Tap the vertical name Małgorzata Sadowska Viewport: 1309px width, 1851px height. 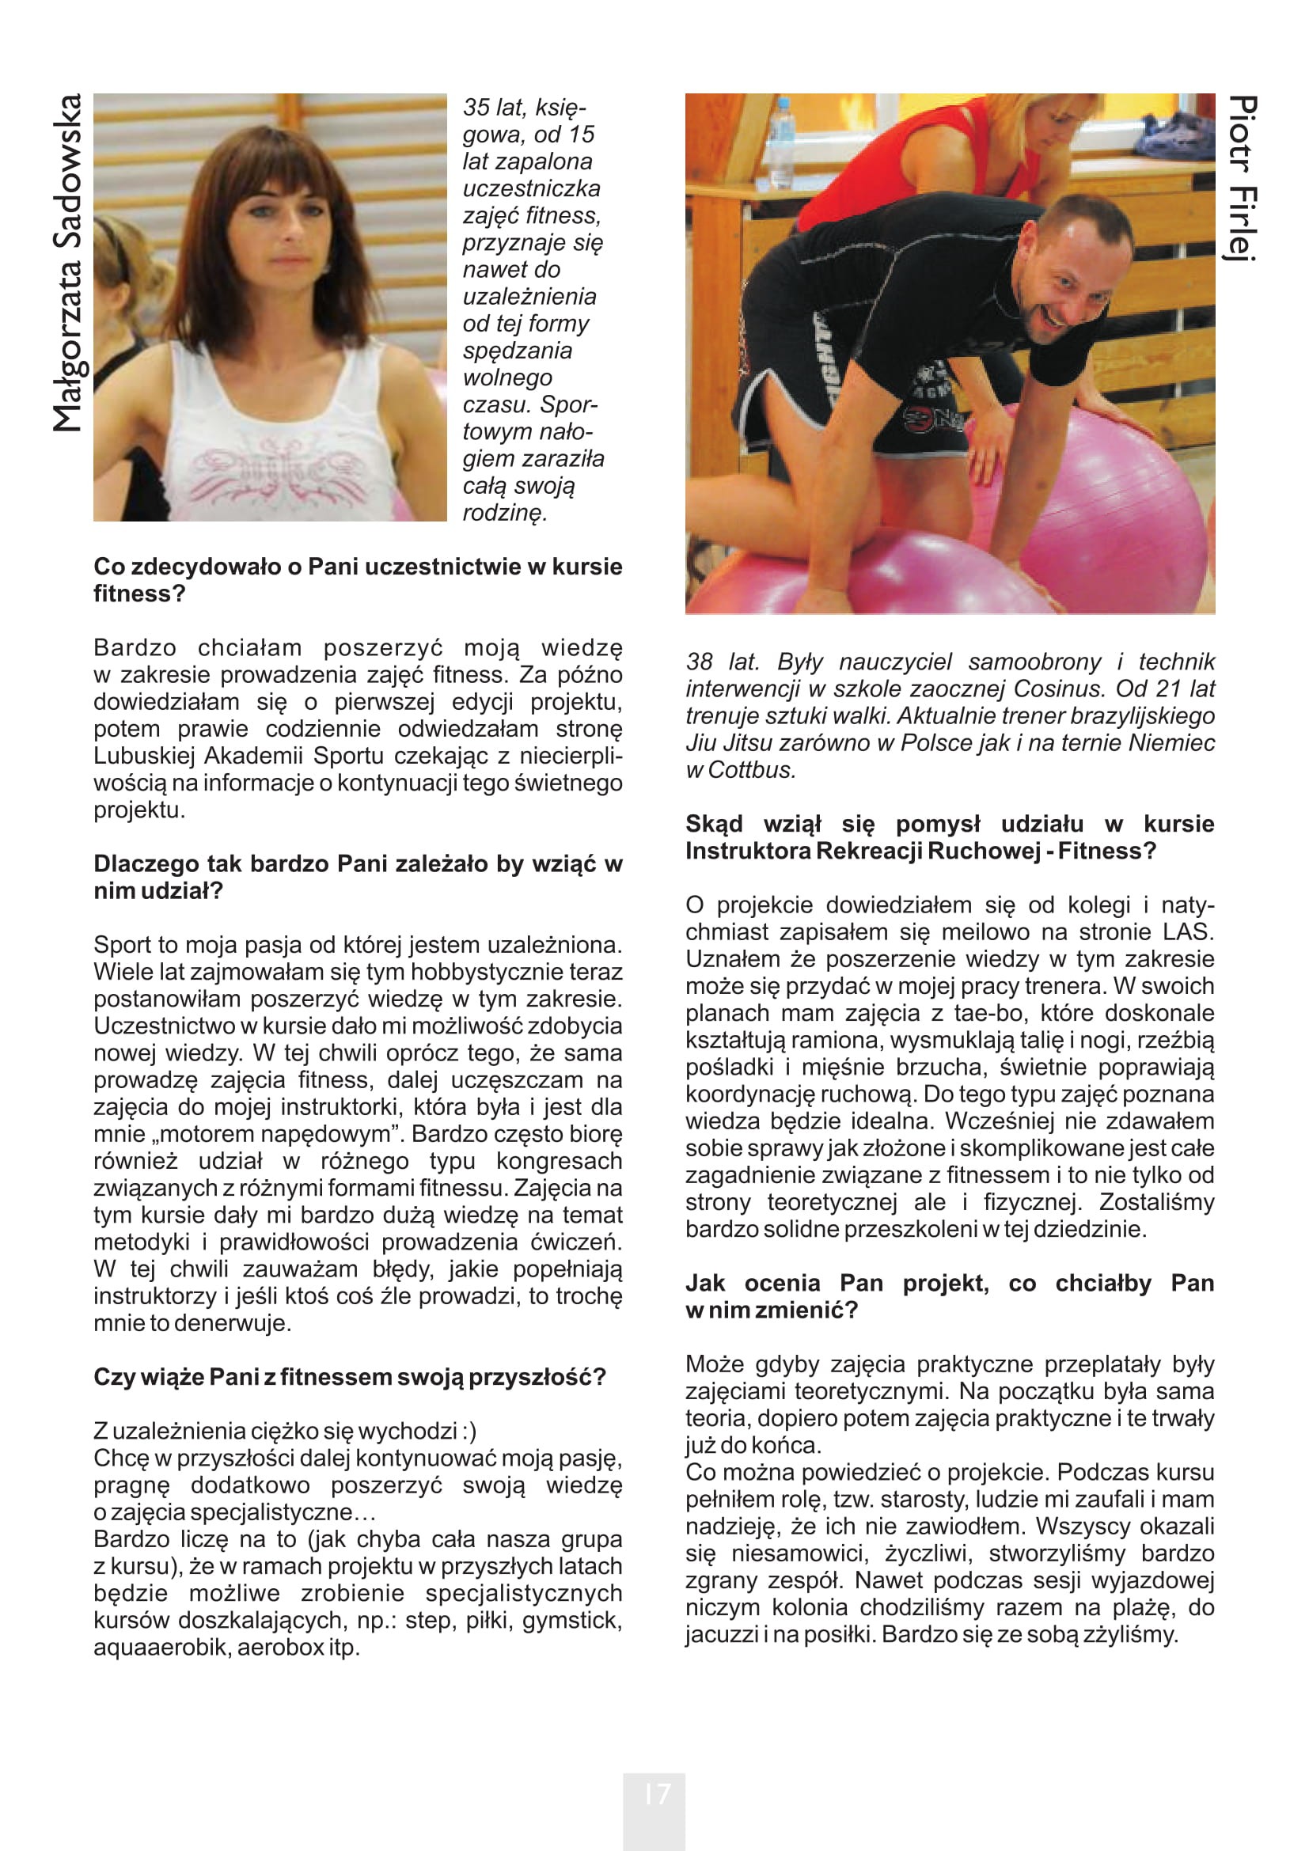[68, 263]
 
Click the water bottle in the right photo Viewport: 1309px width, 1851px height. [781, 142]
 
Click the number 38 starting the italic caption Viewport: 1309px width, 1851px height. [700, 662]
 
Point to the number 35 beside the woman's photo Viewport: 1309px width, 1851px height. [477, 107]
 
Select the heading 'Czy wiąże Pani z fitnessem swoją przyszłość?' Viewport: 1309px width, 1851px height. [349, 1377]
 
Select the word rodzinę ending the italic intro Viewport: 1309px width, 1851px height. [505, 513]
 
